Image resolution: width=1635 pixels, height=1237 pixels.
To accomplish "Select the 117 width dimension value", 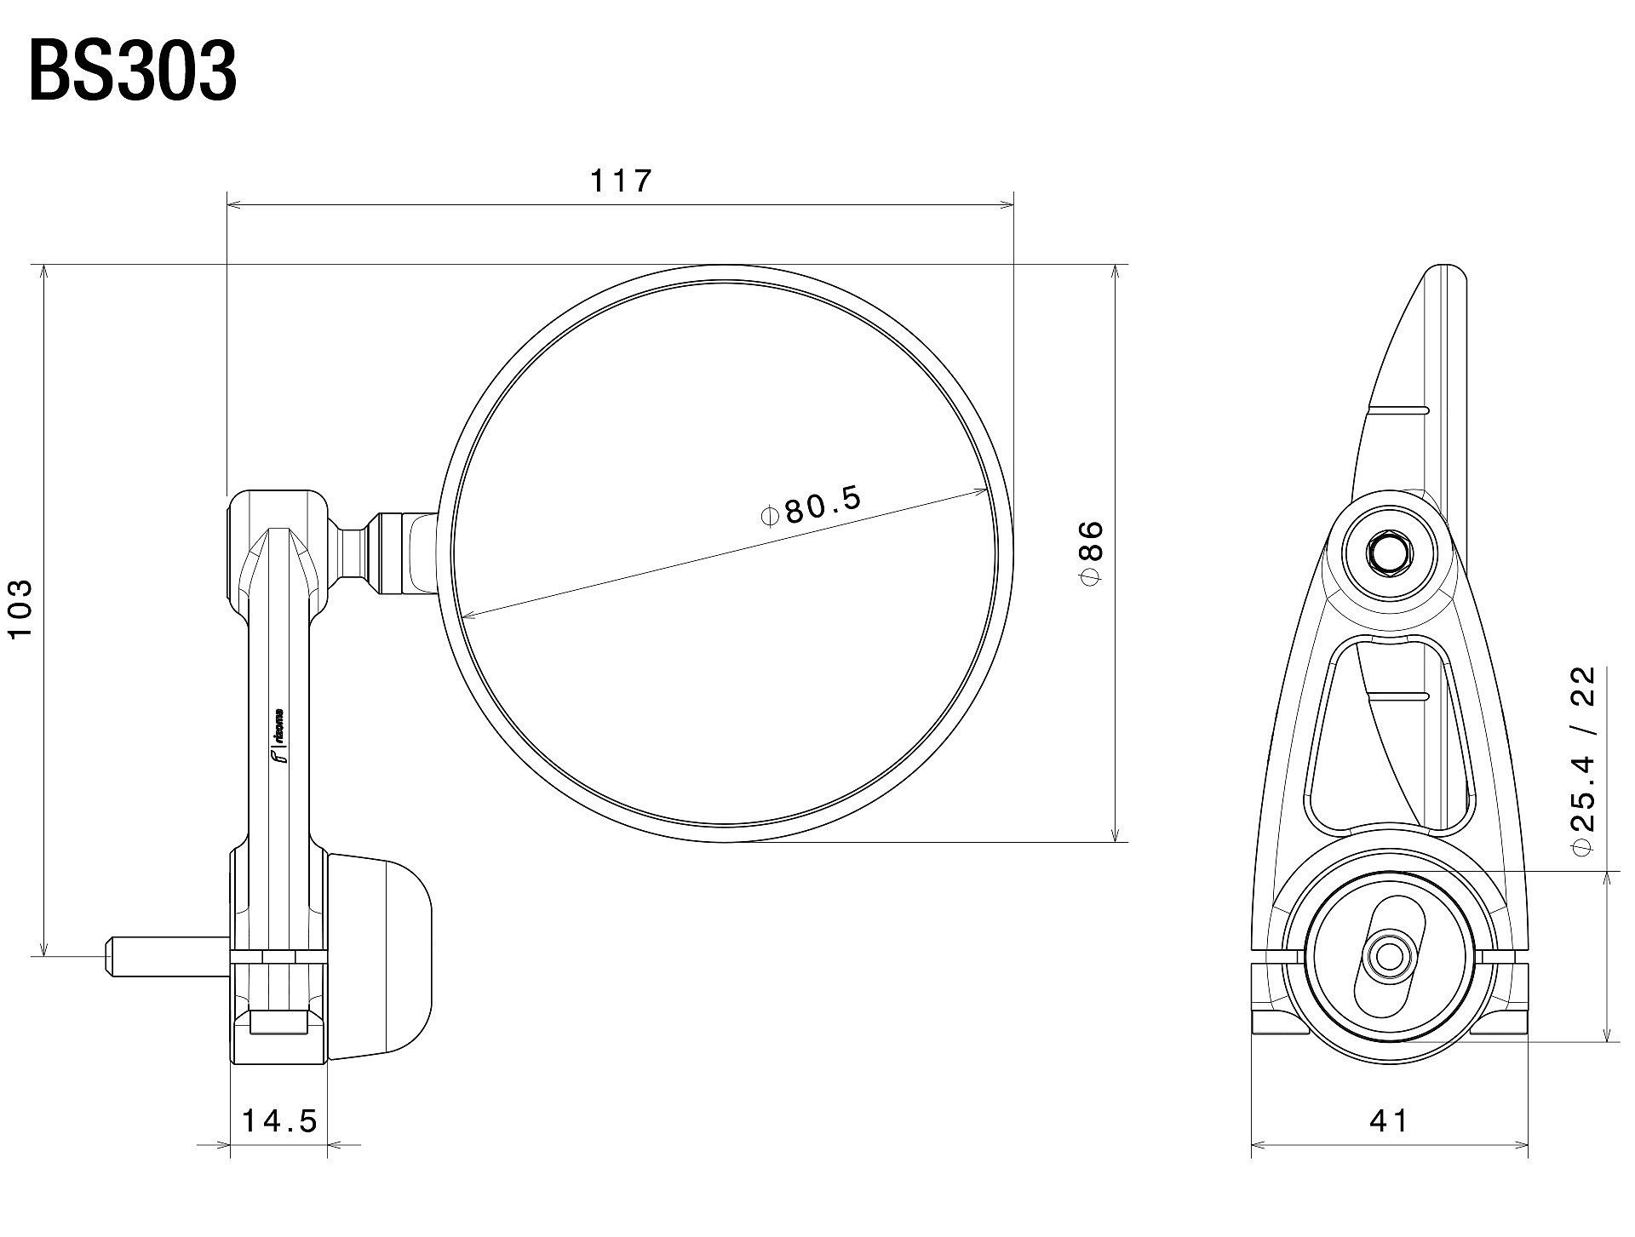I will tap(621, 180).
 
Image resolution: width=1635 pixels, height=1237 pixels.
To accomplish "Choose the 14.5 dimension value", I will tap(279, 1120).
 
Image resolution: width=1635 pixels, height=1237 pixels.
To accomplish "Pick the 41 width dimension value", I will tap(1389, 1120).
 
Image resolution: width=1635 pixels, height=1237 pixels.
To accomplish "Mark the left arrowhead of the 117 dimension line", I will tap(232, 204).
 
